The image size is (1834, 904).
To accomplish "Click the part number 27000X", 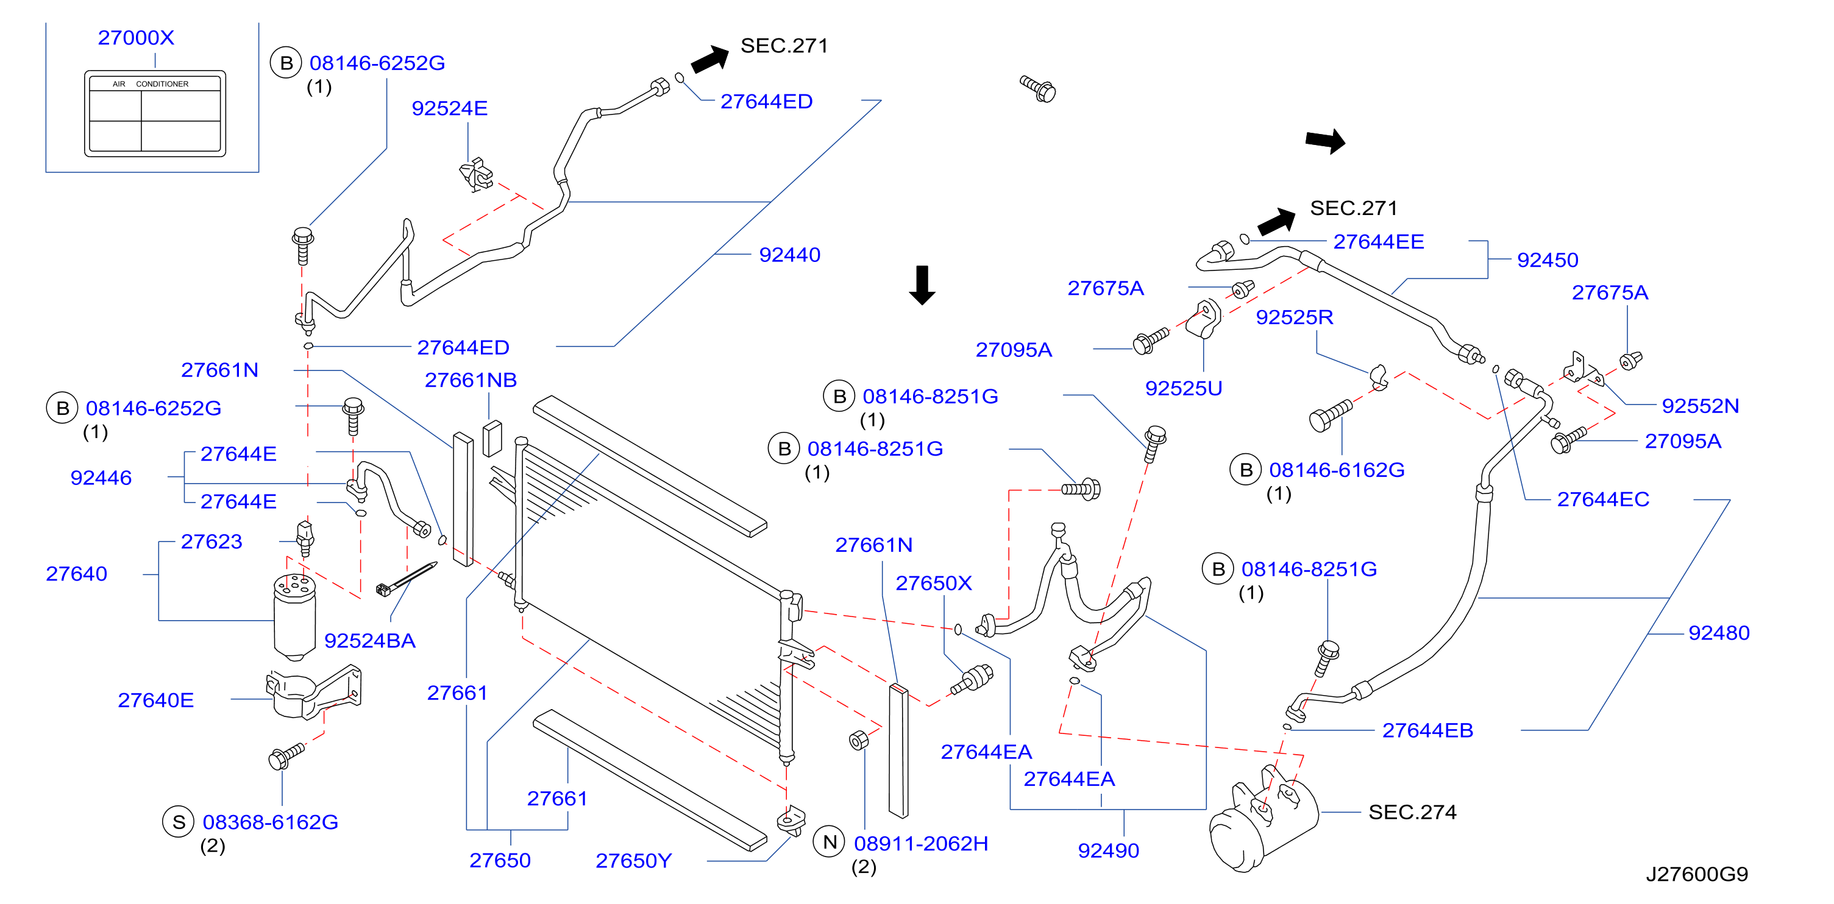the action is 136,38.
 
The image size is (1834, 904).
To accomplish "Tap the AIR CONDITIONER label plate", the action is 155,113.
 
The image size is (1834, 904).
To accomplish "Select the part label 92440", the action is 789,255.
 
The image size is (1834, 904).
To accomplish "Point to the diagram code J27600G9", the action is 1697,874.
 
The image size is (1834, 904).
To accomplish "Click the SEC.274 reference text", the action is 1412,812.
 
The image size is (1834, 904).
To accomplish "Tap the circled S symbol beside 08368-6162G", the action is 179,822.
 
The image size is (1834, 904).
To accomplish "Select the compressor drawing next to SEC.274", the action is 1263,819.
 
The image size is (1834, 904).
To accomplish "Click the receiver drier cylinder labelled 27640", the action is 295,616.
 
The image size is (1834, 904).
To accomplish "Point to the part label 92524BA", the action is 370,641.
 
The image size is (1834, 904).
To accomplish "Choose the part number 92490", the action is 1109,850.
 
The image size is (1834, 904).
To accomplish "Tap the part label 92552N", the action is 1700,406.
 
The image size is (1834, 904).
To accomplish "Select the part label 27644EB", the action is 1427,730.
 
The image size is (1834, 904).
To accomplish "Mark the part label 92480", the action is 1719,633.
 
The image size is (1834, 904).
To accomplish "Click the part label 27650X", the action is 933,583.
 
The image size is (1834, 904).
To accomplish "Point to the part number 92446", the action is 101,478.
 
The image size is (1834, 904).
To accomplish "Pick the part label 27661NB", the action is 471,380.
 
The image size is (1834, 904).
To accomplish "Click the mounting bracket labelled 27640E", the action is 313,692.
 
